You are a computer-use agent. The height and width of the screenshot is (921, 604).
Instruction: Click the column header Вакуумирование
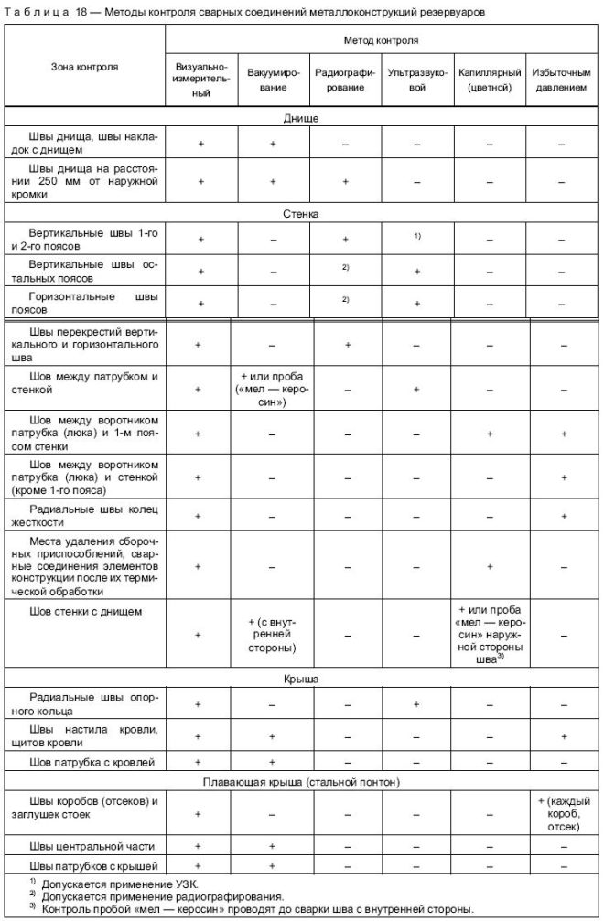pyautogui.click(x=273, y=79)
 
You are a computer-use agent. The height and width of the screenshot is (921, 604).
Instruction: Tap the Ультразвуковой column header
pyautogui.click(x=417, y=79)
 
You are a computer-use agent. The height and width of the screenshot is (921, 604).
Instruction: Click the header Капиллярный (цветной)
pyautogui.click(x=490, y=79)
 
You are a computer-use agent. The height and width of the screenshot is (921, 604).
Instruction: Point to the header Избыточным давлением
pyautogui.click(x=562, y=79)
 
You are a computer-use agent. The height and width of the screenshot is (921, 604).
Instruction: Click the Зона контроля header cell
pyautogui.click(x=84, y=67)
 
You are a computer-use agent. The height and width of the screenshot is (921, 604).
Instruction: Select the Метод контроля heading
pyautogui.click(x=382, y=41)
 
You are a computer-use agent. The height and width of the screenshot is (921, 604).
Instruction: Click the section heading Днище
pyautogui.click(x=301, y=118)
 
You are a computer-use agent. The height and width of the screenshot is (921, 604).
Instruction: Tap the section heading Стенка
pyautogui.click(x=301, y=214)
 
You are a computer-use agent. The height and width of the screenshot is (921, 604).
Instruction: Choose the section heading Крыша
pyautogui.click(x=301, y=681)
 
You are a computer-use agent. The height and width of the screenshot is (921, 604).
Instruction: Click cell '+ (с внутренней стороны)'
pyautogui.click(x=273, y=634)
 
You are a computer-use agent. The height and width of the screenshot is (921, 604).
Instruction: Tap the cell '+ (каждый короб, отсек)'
pyautogui.click(x=562, y=812)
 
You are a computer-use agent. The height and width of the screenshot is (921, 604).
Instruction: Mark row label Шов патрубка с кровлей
pyautogui.click(x=86, y=761)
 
